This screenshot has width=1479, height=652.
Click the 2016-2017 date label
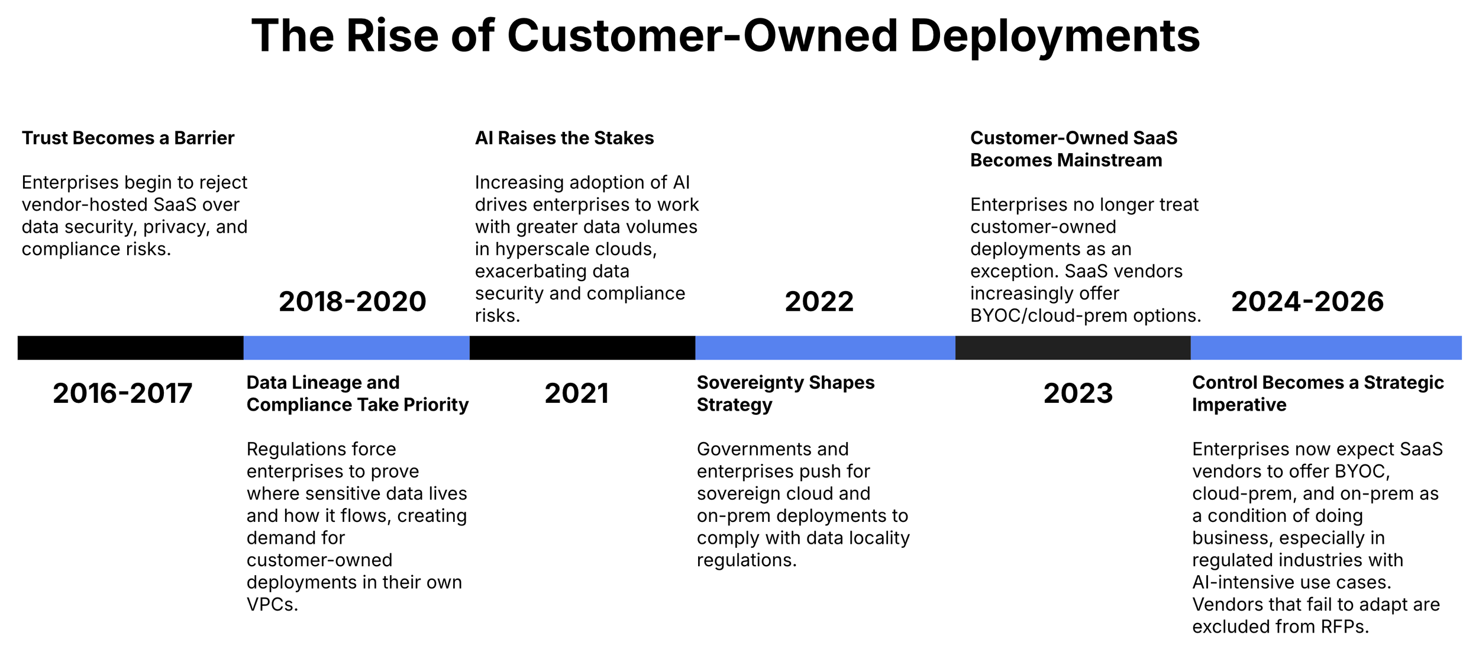tap(122, 393)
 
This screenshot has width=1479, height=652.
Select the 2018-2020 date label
tap(352, 302)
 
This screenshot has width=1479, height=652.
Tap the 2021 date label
tap(576, 393)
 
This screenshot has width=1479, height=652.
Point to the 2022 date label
tap(819, 302)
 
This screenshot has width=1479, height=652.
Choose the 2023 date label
tap(1077, 393)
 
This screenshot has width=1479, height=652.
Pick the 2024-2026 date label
tap(1307, 302)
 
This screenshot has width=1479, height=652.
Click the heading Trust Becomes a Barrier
tap(128, 138)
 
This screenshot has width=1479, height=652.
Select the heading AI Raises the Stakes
tap(564, 138)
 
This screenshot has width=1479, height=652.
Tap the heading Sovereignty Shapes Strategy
tap(785, 393)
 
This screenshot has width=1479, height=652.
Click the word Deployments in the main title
tap(1054, 35)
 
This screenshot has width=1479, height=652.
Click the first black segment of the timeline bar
tap(130, 348)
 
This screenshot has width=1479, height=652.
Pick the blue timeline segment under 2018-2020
tap(356, 348)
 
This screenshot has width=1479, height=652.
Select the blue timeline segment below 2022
tap(825, 348)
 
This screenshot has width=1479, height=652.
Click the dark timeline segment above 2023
tap(1072, 348)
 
